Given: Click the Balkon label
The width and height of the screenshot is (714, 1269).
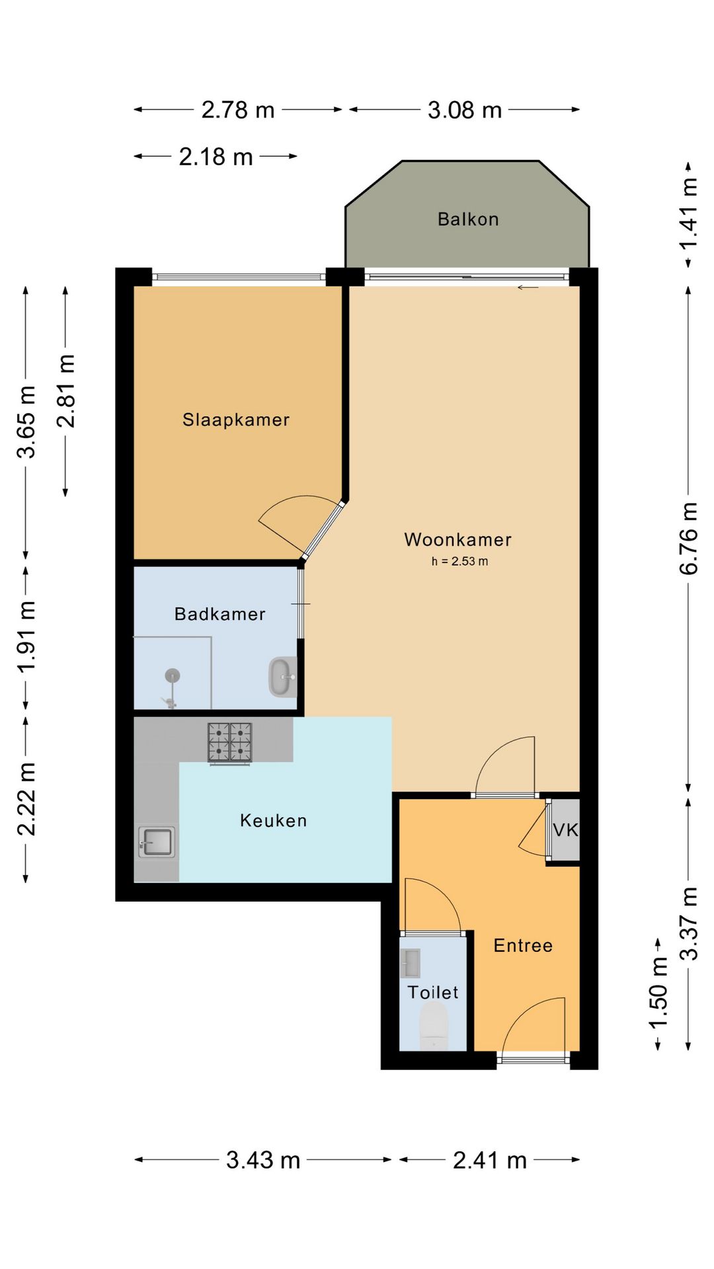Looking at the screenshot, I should pyautogui.click(x=468, y=219).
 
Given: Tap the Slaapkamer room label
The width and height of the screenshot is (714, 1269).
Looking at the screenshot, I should pyautogui.click(x=236, y=420).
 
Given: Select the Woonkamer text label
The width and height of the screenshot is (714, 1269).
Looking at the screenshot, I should pyautogui.click(x=457, y=539).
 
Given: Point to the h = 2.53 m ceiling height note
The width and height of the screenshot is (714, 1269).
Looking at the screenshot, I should pyautogui.click(x=459, y=562).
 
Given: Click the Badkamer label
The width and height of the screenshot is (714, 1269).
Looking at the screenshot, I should pyautogui.click(x=219, y=614).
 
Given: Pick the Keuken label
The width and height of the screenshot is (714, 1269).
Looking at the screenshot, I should pyautogui.click(x=273, y=821).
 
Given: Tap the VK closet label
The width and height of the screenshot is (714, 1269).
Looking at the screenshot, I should pyautogui.click(x=565, y=830).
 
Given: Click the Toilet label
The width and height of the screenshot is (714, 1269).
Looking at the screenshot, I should pyautogui.click(x=432, y=992).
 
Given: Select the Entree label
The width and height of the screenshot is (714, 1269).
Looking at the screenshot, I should pyautogui.click(x=523, y=945).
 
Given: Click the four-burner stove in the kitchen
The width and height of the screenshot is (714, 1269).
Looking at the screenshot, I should pyautogui.click(x=229, y=742).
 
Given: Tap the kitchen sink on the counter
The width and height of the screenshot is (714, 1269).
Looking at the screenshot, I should pyautogui.click(x=157, y=842).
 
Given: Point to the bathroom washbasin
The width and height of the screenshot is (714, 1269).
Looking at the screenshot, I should pyautogui.click(x=282, y=677).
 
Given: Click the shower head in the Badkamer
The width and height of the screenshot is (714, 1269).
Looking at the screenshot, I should pyautogui.click(x=173, y=675).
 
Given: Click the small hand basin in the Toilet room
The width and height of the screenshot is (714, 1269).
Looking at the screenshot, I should pyautogui.click(x=410, y=964).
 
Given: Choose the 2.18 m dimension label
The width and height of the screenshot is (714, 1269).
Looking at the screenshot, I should pyautogui.click(x=216, y=157).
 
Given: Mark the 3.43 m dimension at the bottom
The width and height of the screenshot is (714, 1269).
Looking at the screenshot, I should pyautogui.click(x=263, y=1160).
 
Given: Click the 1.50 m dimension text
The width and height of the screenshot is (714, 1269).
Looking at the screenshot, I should pyautogui.click(x=658, y=993).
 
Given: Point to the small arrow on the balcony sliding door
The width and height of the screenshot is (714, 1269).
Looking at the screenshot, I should pyautogui.click(x=528, y=288).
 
